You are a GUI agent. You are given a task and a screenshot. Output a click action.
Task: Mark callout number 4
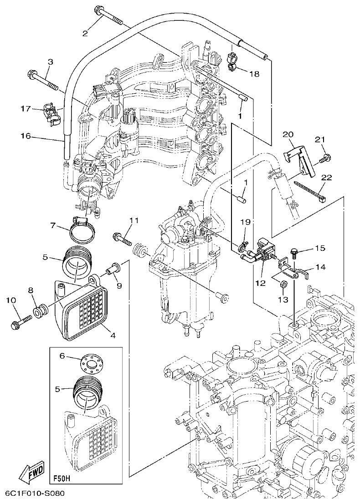(x=113, y=336)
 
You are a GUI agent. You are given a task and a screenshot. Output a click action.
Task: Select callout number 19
(x=246, y=223)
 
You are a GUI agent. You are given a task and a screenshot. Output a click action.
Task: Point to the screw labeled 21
(x=325, y=158)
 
